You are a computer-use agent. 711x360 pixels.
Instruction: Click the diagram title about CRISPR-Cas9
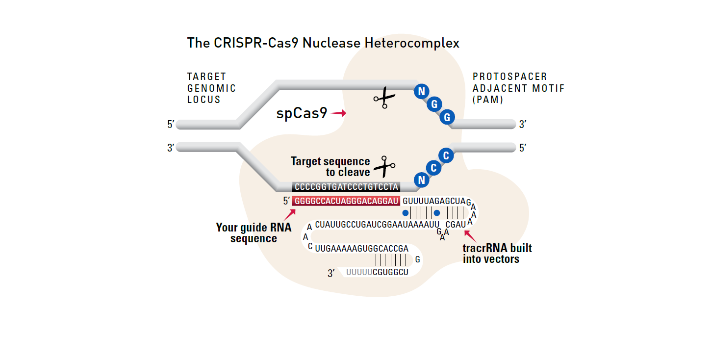click(x=323, y=43)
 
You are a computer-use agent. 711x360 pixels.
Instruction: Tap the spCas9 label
click(x=302, y=114)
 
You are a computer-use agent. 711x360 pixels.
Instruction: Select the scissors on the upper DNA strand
click(x=384, y=97)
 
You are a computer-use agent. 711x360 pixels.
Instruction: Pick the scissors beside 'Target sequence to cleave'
click(x=384, y=167)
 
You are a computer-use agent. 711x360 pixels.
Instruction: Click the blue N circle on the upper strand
click(x=421, y=91)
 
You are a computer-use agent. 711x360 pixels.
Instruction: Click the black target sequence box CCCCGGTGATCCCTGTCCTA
click(x=346, y=187)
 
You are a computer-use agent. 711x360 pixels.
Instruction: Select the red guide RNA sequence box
click(x=346, y=201)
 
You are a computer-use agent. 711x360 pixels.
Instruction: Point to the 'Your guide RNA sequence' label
click(x=254, y=233)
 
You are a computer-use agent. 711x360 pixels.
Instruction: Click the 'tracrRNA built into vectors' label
click(x=497, y=253)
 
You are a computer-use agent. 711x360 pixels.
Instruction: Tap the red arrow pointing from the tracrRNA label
click(x=469, y=236)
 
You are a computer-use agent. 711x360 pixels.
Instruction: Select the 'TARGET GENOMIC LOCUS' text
click(x=211, y=88)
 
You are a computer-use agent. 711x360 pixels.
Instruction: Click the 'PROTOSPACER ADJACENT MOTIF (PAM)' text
click(x=518, y=88)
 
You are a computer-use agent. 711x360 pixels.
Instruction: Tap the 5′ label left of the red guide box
click(x=286, y=201)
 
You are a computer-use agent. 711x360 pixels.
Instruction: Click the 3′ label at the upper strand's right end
click(x=523, y=125)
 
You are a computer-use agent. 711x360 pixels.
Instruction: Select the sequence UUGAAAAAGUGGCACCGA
click(x=362, y=249)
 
